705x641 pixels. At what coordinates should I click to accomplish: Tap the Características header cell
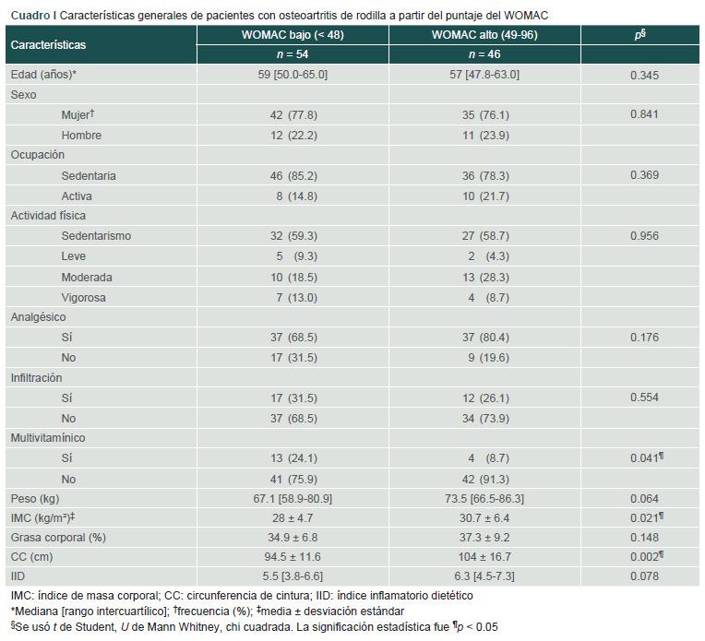[x=48, y=44]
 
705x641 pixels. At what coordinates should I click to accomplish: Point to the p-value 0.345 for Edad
[x=644, y=75]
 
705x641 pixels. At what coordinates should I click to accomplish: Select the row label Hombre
[x=81, y=136]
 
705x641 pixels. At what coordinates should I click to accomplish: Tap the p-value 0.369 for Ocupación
[x=644, y=175]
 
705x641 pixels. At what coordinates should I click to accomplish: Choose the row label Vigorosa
[x=84, y=297]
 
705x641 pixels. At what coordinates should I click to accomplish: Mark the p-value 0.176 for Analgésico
[x=644, y=338]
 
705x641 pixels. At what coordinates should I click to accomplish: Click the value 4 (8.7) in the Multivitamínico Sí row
[x=484, y=458]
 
